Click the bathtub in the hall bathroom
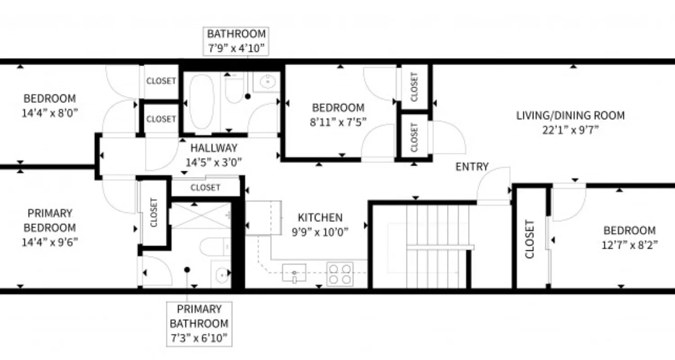201,103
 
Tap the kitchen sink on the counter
294,272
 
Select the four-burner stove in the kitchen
340,274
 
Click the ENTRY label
472,167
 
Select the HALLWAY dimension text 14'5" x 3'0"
214,162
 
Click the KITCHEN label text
320,218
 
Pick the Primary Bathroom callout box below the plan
199,324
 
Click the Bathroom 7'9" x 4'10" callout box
236,41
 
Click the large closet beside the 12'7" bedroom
529,238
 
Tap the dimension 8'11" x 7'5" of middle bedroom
338,121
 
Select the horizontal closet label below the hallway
205,188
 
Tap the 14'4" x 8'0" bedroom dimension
49,112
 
